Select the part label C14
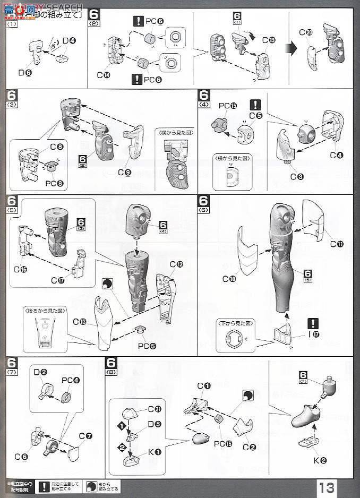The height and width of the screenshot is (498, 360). pos(104,75)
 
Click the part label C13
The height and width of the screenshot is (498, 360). pos(80,321)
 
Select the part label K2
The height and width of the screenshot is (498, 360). pos(319,461)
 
